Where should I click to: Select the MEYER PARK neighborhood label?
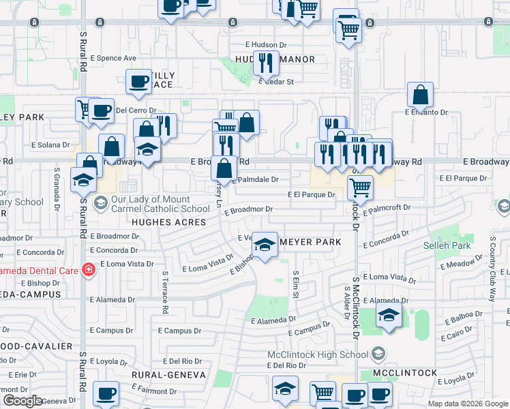point(310,242)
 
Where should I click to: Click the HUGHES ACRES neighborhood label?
point(168,222)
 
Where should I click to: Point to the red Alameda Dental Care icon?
point(87,271)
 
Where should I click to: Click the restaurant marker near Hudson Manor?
point(266,63)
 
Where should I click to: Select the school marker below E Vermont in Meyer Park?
point(265,246)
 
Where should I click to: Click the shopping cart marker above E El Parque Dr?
point(359,186)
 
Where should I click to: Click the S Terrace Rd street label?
point(165,292)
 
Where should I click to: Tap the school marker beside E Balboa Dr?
point(389,315)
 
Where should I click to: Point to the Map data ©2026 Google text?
point(467,403)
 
